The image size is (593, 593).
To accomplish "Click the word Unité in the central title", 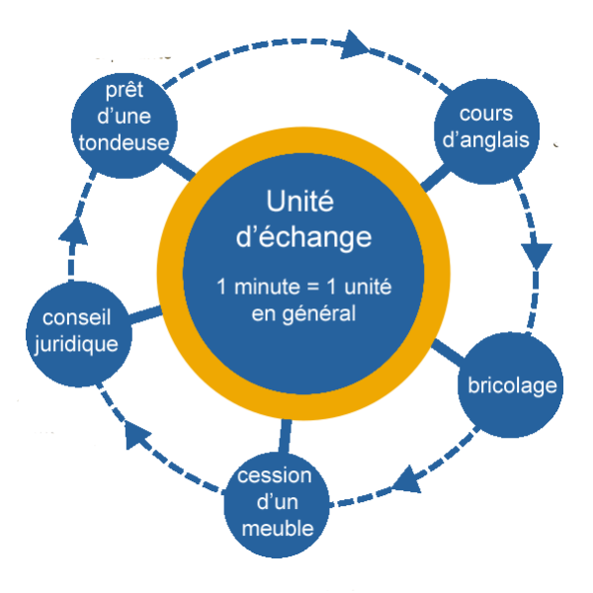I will [x=300, y=203].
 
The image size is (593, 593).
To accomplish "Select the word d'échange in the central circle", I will [x=300, y=238].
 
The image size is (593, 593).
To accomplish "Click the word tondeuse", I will [x=124, y=141].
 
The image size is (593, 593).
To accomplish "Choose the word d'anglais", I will [x=487, y=140].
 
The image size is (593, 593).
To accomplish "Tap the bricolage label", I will [x=512, y=385].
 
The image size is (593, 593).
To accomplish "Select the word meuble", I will [x=277, y=528].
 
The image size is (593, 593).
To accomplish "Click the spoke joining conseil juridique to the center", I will [x=144, y=314].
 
